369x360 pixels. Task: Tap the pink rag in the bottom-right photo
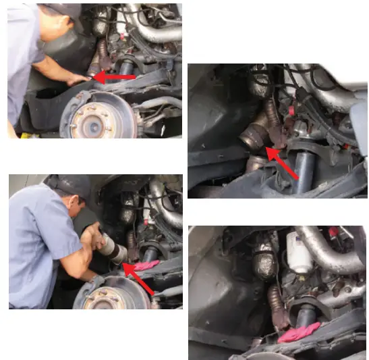click(x=298, y=332)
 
